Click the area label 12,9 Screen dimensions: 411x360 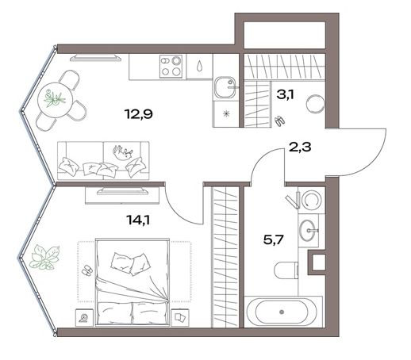139,114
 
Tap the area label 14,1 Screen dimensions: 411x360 139,220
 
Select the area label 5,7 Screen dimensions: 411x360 274,240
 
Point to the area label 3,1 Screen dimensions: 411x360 285,94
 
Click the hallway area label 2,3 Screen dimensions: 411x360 300,147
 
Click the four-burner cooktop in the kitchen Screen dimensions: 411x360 171,67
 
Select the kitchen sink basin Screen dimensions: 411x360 225,87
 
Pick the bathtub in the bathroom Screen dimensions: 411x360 282,312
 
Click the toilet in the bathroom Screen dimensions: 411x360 286,270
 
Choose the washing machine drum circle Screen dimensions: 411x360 312,199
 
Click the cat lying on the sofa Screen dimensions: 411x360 122,152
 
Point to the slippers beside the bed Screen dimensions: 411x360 87,270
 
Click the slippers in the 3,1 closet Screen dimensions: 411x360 280,121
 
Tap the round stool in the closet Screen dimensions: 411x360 315,104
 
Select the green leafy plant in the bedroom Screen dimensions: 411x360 44,258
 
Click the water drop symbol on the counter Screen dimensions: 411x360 200,66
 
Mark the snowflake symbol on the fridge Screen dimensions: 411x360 226,114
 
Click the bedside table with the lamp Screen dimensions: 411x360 85,317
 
